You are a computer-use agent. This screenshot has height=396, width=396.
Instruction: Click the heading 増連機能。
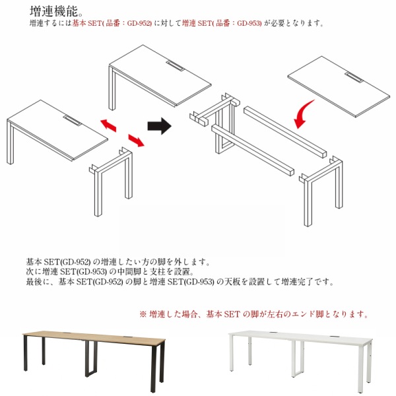pyautogui.click(x=56, y=11)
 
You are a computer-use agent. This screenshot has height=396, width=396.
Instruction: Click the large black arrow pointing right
pyautogui.click(x=159, y=126)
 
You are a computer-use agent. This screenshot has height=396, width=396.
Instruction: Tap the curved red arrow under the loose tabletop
pyautogui.click(x=303, y=114)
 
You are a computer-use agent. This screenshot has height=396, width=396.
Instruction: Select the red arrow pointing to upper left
pyautogui.click(x=108, y=125)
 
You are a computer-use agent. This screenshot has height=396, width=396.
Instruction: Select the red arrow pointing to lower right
pyautogui.click(x=136, y=141)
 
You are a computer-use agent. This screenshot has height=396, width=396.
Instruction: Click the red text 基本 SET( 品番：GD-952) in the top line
pyautogui.click(x=112, y=24)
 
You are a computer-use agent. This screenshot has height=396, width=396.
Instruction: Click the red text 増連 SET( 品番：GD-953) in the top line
pyautogui.click(x=222, y=24)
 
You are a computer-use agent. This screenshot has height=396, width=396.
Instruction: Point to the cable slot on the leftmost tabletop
pyautogui.click(x=72, y=121)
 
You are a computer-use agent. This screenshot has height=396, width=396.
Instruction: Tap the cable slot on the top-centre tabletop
pyautogui.click(x=175, y=65)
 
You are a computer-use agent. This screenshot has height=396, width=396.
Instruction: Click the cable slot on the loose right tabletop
pyautogui.click(x=354, y=77)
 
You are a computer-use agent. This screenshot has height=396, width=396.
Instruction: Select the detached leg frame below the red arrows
pyautogui.click(x=112, y=181)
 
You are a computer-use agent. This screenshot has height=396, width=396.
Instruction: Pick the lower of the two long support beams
pyautogui.click(x=253, y=150)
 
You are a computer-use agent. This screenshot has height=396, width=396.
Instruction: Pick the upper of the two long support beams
pyautogui.click(x=285, y=133)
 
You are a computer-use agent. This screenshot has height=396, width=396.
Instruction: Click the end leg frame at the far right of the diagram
pyautogui.click(x=321, y=191)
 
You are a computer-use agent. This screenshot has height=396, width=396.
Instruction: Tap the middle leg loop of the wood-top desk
pyautogui.click(x=91, y=358)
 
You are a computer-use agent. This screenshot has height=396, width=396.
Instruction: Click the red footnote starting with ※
pyautogui.click(x=254, y=314)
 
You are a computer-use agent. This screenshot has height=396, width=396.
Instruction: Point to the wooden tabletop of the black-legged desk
pyautogui.click(x=94, y=337)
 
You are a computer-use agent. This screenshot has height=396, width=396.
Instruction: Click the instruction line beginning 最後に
pyautogui.click(x=180, y=282)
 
